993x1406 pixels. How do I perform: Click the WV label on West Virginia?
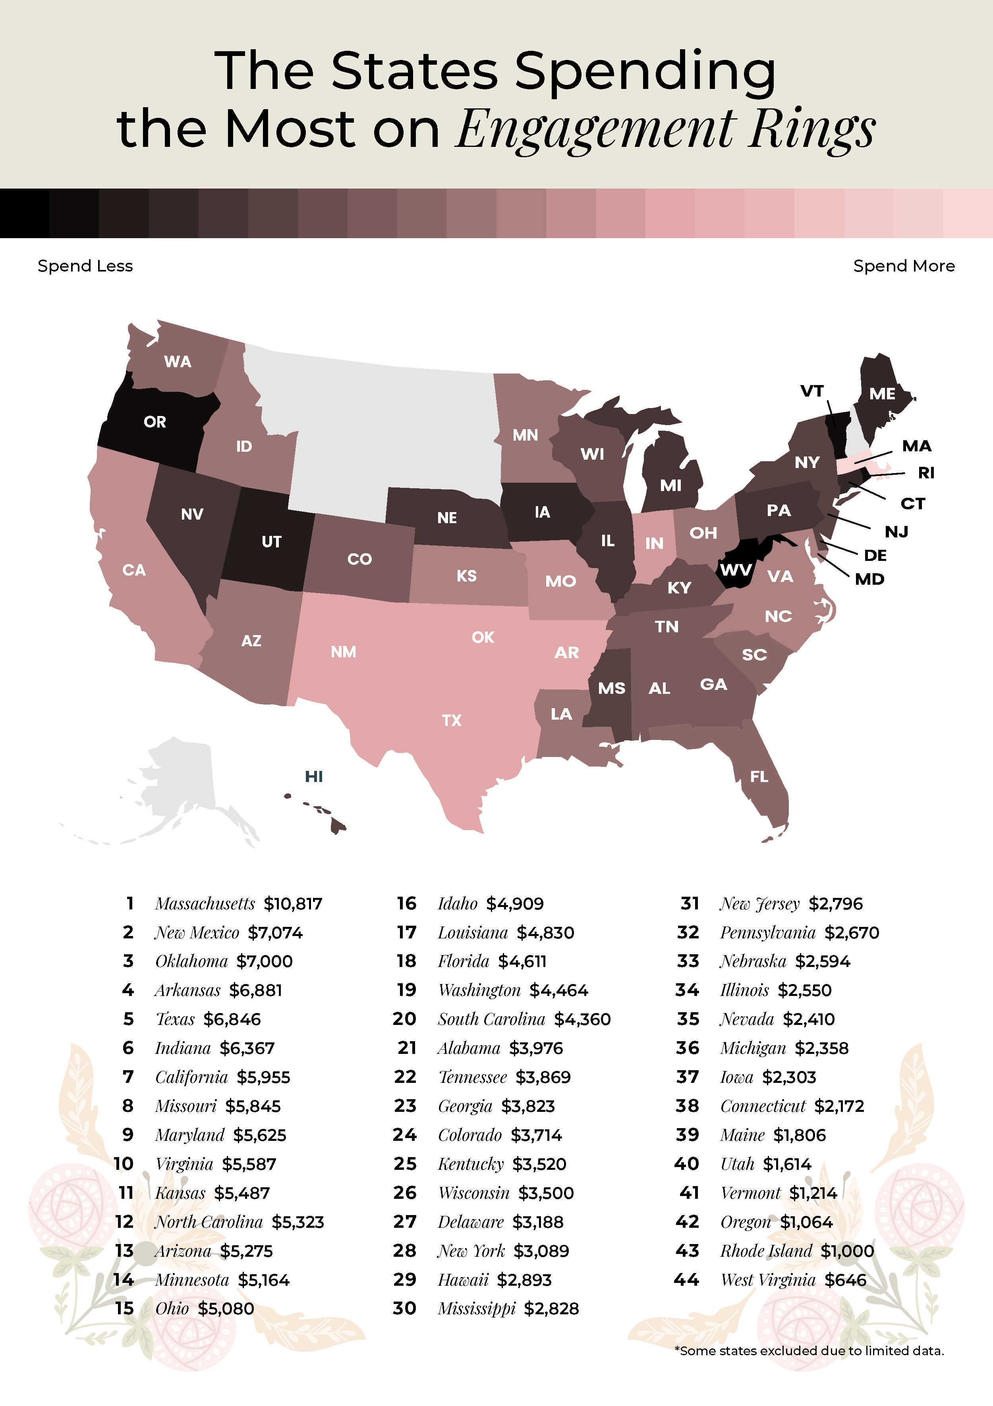pyautogui.click(x=735, y=570)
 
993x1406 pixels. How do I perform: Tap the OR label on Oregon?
pyautogui.click(x=155, y=422)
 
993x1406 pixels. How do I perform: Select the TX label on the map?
pyautogui.click(x=452, y=720)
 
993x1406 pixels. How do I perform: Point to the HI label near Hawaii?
pyautogui.click(x=314, y=776)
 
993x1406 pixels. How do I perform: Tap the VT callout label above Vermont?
pyautogui.click(x=812, y=391)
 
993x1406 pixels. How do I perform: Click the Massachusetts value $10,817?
pyautogui.click(x=293, y=904)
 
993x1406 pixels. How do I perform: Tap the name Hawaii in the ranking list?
pyautogui.click(x=463, y=1280)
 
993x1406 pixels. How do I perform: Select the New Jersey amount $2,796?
pyautogui.click(x=836, y=904)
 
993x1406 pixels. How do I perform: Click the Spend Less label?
pyautogui.click(x=85, y=266)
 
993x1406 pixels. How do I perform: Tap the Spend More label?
pyautogui.click(x=904, y=266)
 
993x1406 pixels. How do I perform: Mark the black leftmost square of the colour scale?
pyautogui.click(x=25, y=213)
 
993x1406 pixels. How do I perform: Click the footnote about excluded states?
pyautogui.click(x=809, y=1351)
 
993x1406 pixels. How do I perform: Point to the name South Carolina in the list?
pyautogui.click(x=491, y=1020)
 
